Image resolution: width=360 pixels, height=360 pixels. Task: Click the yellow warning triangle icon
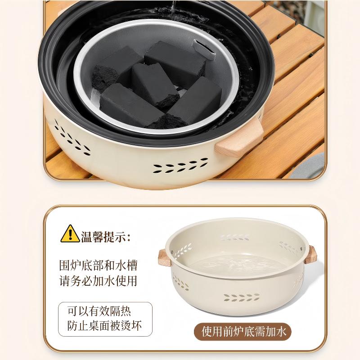coord(71,233)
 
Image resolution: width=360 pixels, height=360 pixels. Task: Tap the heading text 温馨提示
coord(106,235)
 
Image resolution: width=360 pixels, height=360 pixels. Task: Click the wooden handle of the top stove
coord(238,139)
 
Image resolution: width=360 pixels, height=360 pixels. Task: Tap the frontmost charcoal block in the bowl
coord(130,108)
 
